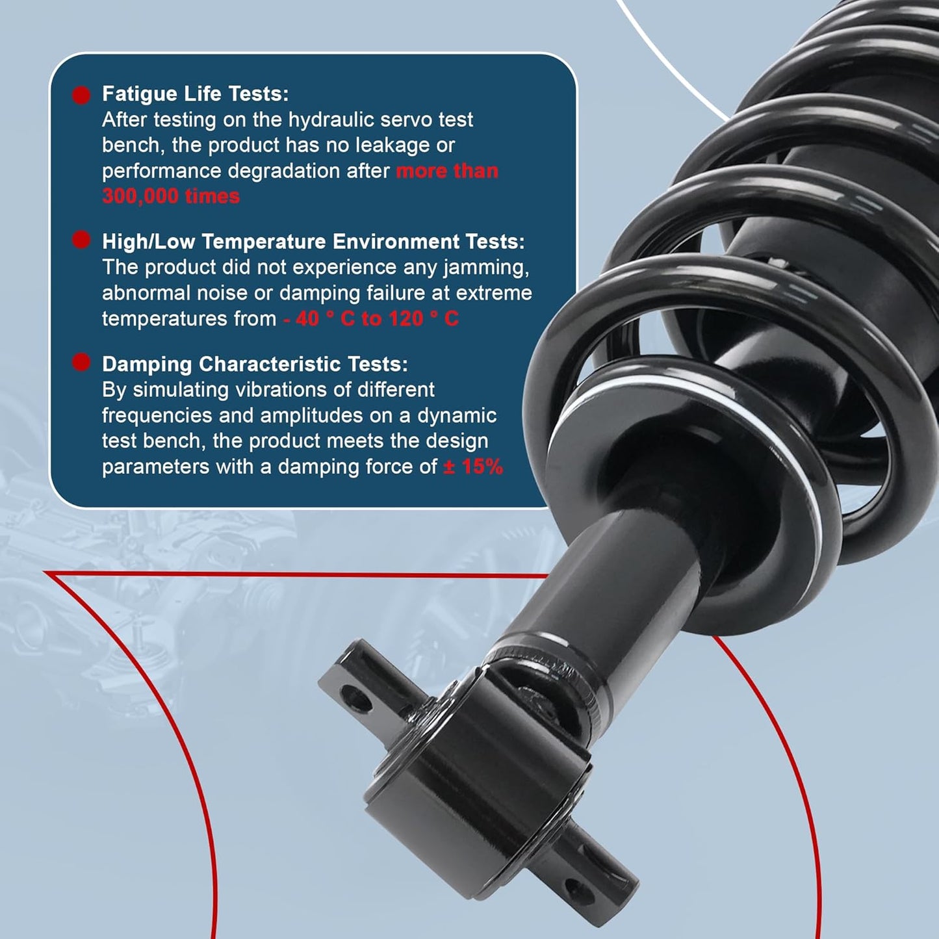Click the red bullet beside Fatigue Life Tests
(81, 95)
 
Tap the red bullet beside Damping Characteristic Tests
(81, 363)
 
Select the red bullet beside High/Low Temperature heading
(81, 240)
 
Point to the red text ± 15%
(472, 467)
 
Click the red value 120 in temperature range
(406, 318)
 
